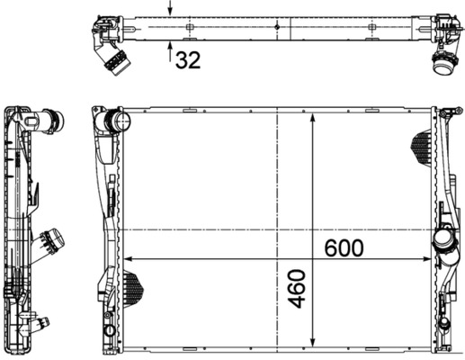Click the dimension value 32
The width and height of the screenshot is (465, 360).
click(187, 60)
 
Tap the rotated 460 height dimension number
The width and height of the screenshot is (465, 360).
click(299, 289)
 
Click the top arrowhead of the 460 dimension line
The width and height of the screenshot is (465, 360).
click(311, 119)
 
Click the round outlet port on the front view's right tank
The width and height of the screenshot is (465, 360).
click(443, 244)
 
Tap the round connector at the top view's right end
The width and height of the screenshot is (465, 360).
click(443, 63)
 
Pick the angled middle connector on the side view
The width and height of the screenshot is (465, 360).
click(52, 241)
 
